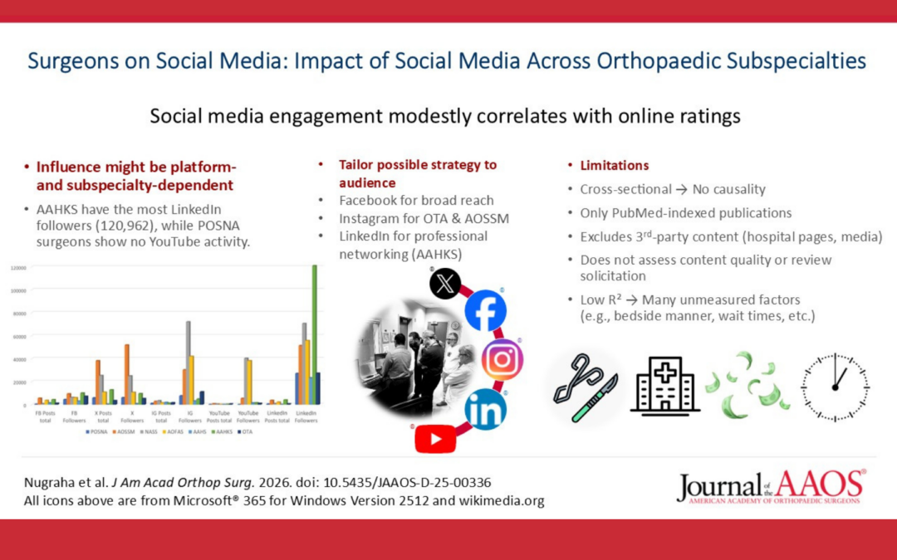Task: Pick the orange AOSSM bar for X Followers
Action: coord(127,373)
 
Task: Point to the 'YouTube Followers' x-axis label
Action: coord(248,416)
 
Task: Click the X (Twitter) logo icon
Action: coord(445,284)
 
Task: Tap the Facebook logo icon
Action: coord(485,310)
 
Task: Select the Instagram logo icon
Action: coord(502,359)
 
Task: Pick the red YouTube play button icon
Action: coord(435,438)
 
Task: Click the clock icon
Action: coord(834,387)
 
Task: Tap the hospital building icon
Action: coord(664,385)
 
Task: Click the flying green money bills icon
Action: coord(747,385)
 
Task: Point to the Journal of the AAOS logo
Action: coord(771,486)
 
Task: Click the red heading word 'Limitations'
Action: coord(615,165)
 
